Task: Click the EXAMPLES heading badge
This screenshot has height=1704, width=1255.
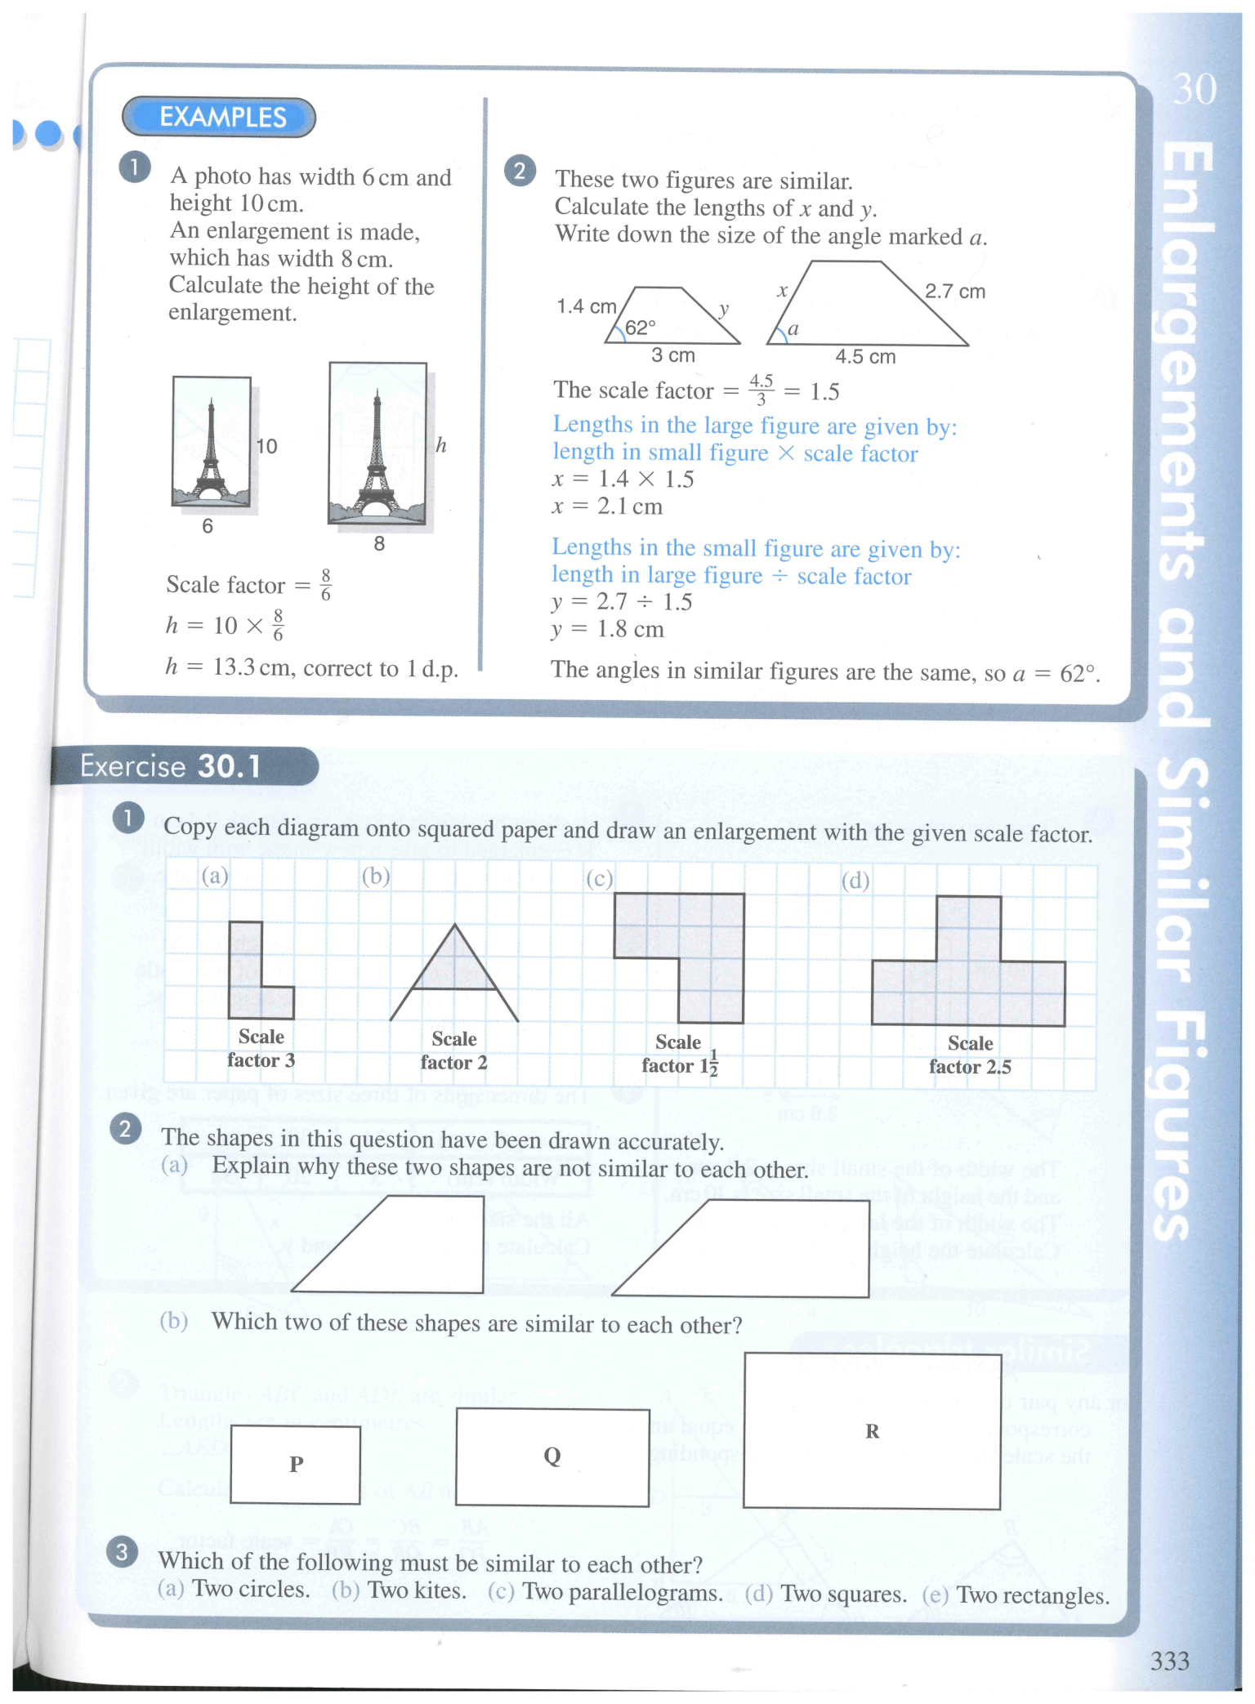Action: pos(219,118)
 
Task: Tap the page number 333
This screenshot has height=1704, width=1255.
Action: pos(1169,1661)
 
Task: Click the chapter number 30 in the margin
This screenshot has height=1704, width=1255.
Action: pos(1195,89)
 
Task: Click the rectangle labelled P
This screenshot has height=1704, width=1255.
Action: pos(295,1464)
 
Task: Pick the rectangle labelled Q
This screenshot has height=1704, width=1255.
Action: pos(552,1456)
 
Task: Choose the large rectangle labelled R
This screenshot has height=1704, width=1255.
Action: pos(872,1431)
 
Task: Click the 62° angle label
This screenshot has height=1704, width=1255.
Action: pos(640,328)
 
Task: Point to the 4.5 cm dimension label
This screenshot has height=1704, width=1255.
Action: pos(865,357)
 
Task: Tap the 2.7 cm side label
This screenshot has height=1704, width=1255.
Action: pos(954,292)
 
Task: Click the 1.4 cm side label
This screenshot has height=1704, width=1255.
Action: pos(586,306)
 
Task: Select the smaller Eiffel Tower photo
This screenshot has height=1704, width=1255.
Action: pos(212,442)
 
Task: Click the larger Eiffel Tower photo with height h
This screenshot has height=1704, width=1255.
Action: pos(377,443)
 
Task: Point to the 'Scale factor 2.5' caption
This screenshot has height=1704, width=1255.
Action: pos(970,1055)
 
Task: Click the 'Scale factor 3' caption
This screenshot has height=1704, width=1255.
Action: pos(261,1048)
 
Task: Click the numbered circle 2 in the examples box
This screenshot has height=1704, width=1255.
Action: pos(520,172)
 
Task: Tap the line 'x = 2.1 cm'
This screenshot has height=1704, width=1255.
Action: pos(607,506)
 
